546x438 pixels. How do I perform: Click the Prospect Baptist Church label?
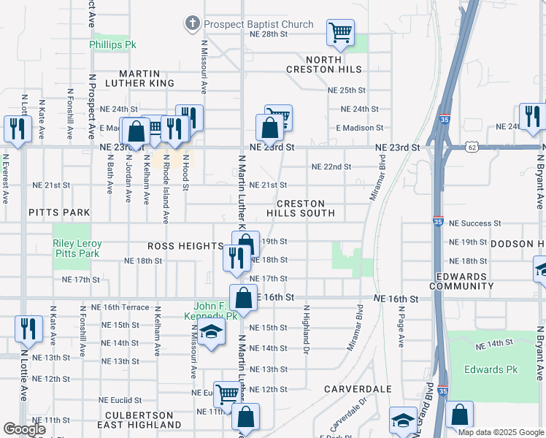pos(258,24)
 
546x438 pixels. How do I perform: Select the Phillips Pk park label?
pos(113,45)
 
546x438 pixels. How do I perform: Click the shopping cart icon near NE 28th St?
pos(340,31)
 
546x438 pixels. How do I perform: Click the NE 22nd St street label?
pos(331,166)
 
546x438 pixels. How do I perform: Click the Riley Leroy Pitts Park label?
pos(77,248)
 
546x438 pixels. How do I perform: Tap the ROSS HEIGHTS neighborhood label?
pos(185,247)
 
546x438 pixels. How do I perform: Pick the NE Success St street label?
pos(474,223)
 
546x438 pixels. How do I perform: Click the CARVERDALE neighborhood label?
pos(358,389)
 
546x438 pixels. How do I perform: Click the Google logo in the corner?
pos(25,429)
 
